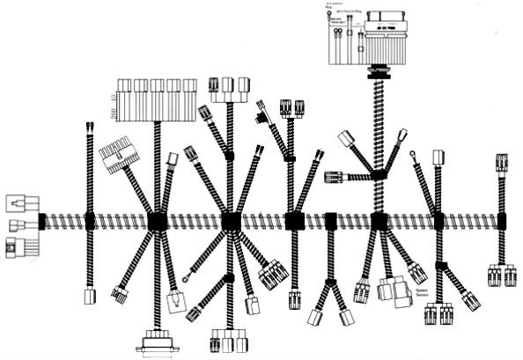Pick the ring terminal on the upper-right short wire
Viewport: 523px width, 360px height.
413,157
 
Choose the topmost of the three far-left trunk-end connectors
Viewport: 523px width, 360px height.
22,202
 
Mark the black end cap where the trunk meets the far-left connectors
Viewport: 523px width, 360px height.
41,221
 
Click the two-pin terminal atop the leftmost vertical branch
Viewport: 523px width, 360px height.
91,129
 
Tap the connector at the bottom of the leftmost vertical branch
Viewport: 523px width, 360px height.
89,296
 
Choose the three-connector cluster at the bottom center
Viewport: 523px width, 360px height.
227,339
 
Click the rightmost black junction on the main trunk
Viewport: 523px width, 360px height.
502,221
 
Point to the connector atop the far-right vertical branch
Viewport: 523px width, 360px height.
502,165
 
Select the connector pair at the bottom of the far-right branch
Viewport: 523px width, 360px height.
502,276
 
